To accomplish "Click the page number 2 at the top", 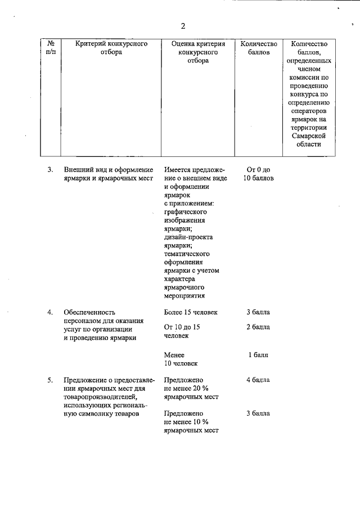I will tap(183, 26).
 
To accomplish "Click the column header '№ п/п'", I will tap(51, 48).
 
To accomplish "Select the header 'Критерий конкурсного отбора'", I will tap(107, 48).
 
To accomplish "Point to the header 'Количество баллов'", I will tap(259, 48).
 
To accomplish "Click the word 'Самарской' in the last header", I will tap(308, 135).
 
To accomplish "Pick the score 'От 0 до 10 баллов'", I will tap(259, 174).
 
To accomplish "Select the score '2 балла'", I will tap(258, 327).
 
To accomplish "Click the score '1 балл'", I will tap(258, 355).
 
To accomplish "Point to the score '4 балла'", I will tap(258, 380).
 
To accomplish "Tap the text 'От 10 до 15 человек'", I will tap(182, 331).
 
